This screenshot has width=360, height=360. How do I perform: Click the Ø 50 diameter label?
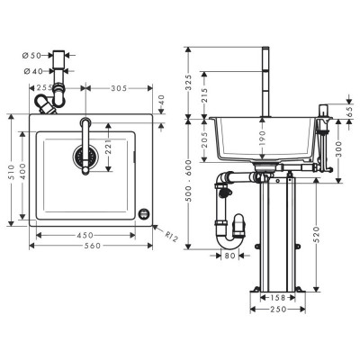tap(31, 56)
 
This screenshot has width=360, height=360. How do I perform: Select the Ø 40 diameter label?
tap(33, 71)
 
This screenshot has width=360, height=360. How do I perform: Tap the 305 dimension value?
tap(119, 88)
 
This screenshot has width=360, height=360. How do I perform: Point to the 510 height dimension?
tap(12, 172)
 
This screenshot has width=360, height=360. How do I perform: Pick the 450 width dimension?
tap(85, 235)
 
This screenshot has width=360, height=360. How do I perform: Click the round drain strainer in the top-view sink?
tap(85, 156)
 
